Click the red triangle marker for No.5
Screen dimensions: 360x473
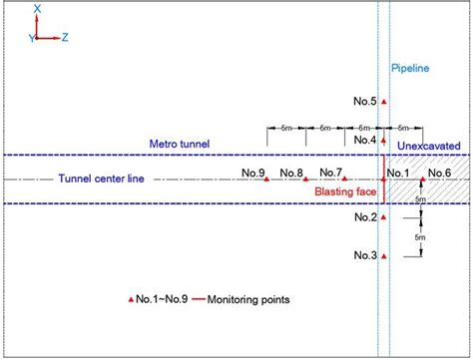tap(384, 103)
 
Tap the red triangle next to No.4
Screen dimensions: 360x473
tap(384, 141)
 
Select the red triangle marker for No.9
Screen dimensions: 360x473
tap(267, 179)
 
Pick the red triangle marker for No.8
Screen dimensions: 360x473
tap(306, 179)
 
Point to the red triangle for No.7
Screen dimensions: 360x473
tap(345, 179)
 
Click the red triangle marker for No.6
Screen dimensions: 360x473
tap(422, 179)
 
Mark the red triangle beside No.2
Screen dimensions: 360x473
tap(384, 216)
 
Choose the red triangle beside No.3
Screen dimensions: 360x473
tap(384, 255)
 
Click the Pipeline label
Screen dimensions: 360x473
tap(408, 70)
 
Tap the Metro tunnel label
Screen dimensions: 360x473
tap(180, 146)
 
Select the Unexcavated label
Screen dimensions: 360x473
tap(428, 146)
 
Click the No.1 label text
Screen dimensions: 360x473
tap(398, 175)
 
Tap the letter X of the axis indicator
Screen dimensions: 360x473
tap(37, 8)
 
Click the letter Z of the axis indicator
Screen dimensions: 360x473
tap(65, 37)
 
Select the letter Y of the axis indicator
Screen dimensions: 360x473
tap(31, 37)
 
